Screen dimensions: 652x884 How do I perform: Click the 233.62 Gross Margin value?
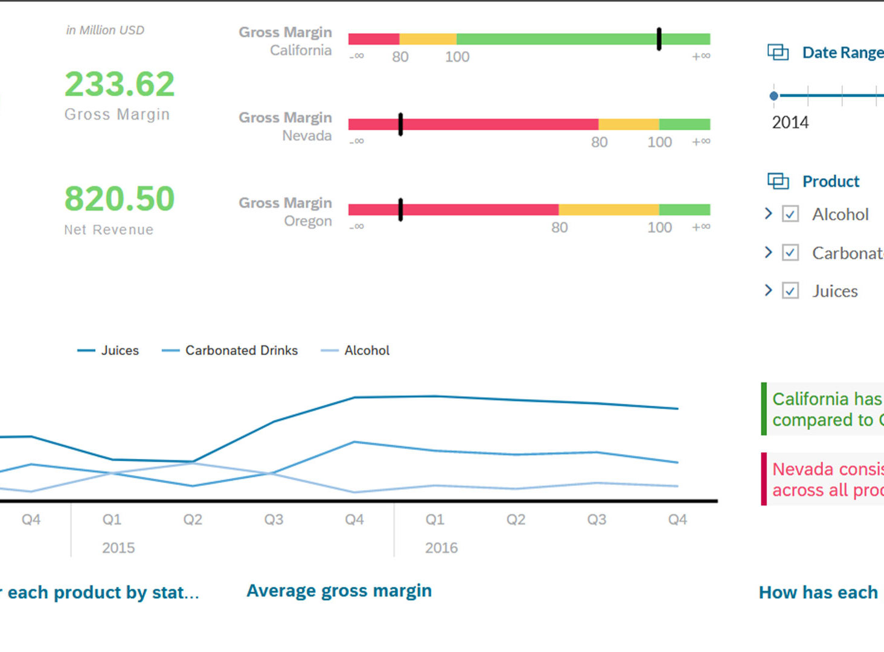tap(120, 84)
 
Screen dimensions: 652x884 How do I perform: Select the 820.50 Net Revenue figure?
tap(120, 199)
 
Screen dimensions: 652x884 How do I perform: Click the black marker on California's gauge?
tap(659, 39)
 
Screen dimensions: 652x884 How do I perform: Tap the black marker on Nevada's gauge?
tap(400, 124)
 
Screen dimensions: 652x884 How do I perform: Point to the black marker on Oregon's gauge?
tap(400, 209)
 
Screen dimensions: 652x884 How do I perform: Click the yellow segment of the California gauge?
tap(428, 39)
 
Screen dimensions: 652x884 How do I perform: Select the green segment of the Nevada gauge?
tap(684, 124)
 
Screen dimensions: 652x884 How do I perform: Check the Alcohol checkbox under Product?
tap(790, 214)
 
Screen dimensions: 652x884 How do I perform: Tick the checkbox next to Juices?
tap(790, 291)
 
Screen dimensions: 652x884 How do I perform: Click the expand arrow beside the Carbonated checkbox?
tap(768, 252)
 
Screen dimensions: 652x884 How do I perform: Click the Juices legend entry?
tap(109, 350)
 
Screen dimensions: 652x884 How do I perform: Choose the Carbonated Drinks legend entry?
tap(230, 350)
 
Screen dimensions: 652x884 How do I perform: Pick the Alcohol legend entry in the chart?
tap(356, 350)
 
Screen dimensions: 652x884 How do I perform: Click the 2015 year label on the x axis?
tap(118, 548)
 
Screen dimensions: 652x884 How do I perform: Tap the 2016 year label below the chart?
tap(441, 548)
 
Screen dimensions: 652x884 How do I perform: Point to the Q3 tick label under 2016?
tap(597, 519)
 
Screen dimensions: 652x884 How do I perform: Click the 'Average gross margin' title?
tap(339, 590)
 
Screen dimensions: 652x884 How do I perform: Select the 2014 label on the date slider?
tap(790, 123)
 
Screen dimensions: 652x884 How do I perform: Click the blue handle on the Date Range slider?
tap(774, 96)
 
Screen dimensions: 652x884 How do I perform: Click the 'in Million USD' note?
tap(105, 30)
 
